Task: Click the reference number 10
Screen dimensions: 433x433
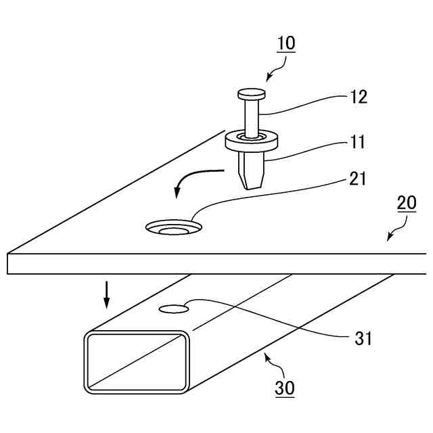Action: tap(286, 43)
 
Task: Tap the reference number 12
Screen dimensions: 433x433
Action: tap(359, 97)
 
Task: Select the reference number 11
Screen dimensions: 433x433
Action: tap(359, 142)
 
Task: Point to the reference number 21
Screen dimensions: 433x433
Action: tap(359, 179)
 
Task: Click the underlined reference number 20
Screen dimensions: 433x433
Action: tap(407, 203)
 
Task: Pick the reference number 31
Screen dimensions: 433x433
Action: tap(363, 338)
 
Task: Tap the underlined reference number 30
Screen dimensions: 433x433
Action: tap(284, 388)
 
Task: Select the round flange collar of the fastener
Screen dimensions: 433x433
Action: tap(252, 141)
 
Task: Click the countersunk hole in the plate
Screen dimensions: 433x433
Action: tap(174, 228)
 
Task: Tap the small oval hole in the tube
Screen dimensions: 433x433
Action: tap(174, 310)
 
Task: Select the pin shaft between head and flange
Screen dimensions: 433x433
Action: tap(251, 118)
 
